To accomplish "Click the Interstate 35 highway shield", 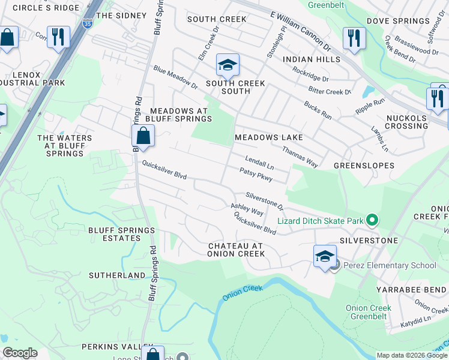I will [88, 23].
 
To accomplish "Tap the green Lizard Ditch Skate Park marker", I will [372, 221].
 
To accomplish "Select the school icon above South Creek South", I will [228, 65].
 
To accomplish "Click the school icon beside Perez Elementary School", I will [325, 257].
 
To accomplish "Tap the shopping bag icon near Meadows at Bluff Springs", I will [143, 136].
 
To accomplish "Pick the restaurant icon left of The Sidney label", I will [58, 37].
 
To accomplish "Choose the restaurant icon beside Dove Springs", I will [354, 38].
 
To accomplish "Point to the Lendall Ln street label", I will [259, 161].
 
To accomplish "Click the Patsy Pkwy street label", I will [256, 175].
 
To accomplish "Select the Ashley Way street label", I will [247, 209].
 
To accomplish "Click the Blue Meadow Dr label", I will [175, 77].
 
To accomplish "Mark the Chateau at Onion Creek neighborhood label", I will [236, 250].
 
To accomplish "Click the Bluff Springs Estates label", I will [114, 234].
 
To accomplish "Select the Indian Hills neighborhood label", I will [312, 59].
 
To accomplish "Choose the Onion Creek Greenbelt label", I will [369, 312].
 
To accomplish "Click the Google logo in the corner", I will [20, 353].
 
